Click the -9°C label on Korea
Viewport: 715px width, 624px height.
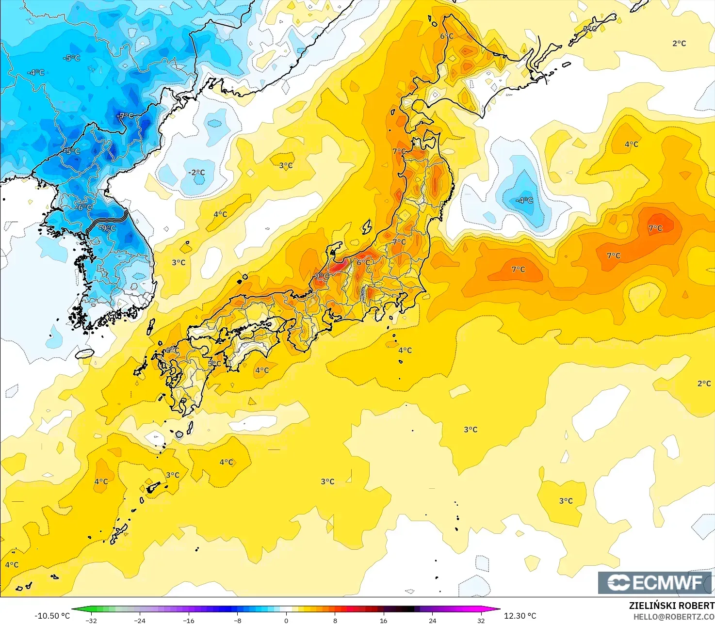(x=108, y=228)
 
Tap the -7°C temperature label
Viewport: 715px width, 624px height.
(x=126, y=116)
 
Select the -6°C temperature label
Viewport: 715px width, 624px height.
(x=84, y=207)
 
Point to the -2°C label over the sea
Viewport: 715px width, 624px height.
(x=196, y=173)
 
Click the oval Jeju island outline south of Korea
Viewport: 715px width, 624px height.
(x=85, y=353)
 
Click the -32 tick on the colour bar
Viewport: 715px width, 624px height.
(x=91, y=620)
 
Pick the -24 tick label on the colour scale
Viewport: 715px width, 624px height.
(x=140, y=620)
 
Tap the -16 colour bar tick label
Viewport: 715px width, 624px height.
(x=188, y=620)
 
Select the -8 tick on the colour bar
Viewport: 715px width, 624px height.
(x=237, y=620)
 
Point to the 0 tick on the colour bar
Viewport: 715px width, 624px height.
(x=286, y=620)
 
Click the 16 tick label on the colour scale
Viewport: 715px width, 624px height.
(x=384, y=620)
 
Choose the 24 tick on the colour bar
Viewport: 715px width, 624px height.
(x=432, y=620)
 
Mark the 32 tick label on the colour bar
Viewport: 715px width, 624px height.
(x=481, y=620)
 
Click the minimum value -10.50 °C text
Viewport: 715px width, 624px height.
(x=52, y=616)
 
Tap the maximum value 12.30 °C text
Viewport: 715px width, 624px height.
(x=520, y=616)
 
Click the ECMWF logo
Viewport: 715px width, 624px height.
(x=654, y=582)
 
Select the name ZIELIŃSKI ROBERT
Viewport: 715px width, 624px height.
(x=671, y=606)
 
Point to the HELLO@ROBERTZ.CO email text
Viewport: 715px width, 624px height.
(x=674, y=616)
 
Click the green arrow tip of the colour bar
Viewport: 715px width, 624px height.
(x=74, y=609)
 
